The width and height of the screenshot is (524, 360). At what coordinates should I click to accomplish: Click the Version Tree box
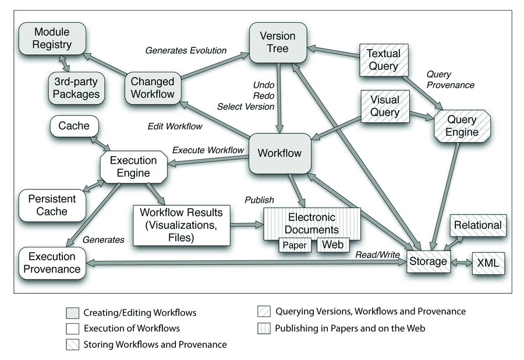[277, 42]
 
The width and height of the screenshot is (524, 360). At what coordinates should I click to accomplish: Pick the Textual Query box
[383, 59]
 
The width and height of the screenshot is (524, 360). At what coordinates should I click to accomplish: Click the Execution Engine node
[133, 167]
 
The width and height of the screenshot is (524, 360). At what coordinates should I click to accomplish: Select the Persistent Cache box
[52, 205]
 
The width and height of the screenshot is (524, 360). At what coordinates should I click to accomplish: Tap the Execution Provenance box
[52, 263]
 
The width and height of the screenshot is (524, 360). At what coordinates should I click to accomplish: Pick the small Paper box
[295, 245]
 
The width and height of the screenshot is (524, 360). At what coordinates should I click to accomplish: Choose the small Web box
[332, 245]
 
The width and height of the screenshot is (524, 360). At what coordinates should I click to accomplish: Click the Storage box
[428, 262]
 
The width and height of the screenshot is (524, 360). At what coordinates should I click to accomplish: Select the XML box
[487, 264]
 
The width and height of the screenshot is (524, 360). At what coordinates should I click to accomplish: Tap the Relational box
[477, 225]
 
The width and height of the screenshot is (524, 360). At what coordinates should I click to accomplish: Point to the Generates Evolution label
[185, 50]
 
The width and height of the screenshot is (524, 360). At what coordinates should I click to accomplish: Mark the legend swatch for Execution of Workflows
[72, 329]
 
